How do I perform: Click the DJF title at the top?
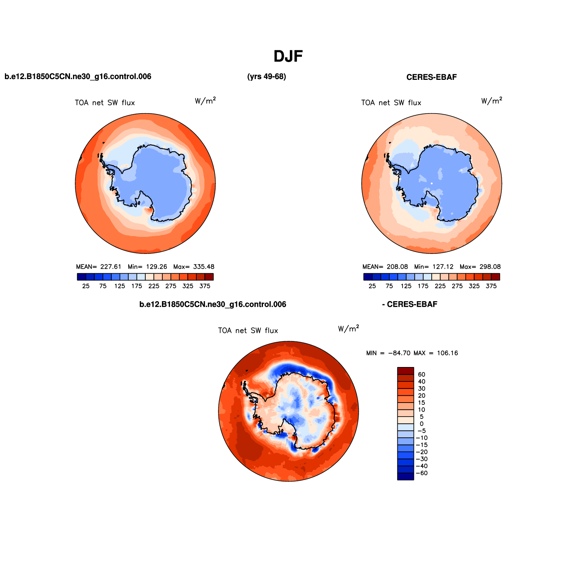coord(288,57)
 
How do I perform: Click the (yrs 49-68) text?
coord(266,77)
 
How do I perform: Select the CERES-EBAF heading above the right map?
coord(431,77)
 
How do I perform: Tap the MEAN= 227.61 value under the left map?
coord(99,267)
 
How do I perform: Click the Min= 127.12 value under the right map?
coord(434,267)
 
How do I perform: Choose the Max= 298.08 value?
coord(480,267)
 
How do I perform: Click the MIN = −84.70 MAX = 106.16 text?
coord(412,353)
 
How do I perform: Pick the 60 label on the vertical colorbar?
coord(421,375)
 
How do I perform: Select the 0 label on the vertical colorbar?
coord(421,424)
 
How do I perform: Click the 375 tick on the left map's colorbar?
coord(205,286)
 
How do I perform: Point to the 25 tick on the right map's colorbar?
coord(372,286)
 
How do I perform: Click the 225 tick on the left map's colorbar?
coord(154,286)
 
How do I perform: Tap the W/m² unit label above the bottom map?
coord(348,328)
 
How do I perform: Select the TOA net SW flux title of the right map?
coord(391,103)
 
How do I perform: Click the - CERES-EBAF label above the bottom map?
coord(410,305)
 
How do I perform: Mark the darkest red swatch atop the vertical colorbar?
coord(406,371)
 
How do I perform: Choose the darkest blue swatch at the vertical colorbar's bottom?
coord(406,477)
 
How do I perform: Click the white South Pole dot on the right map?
coord(432,183)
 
